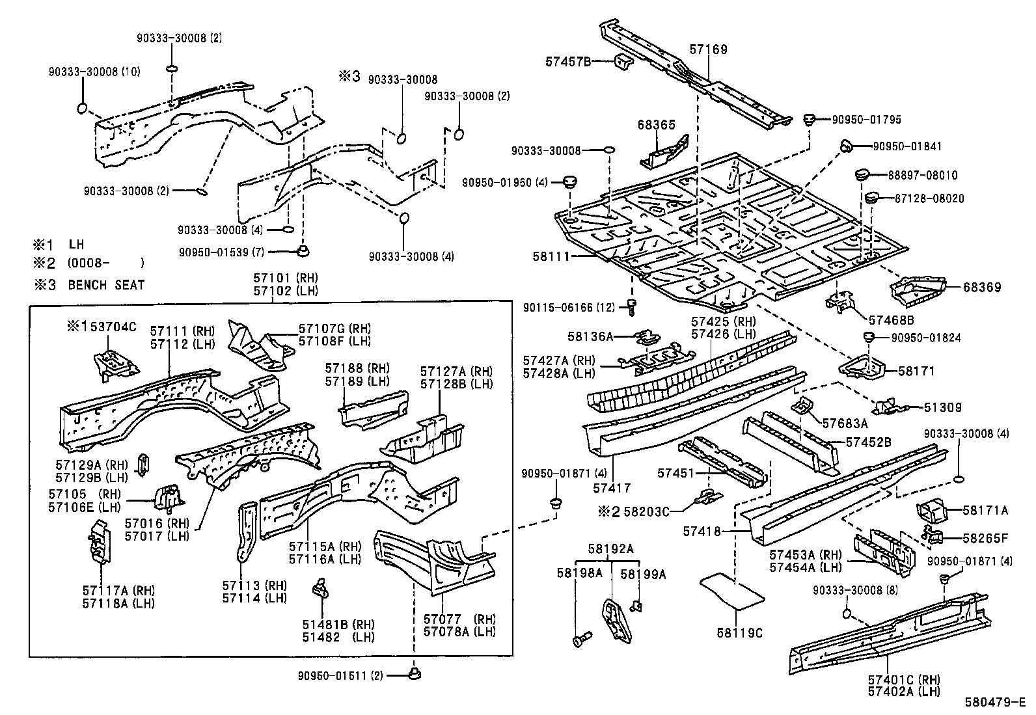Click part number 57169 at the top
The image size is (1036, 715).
tap(708, 49)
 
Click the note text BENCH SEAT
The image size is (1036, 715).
tap(106, 284)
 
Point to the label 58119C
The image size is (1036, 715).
tap(739, 632)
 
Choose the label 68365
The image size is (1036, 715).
tap(656, 125)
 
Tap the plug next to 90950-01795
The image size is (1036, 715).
tap(810, 119)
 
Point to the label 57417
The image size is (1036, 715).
tap(612, 487)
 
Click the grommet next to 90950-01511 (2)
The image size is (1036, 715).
tap(414, 675)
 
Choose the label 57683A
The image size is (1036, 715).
tap(845, 424)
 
